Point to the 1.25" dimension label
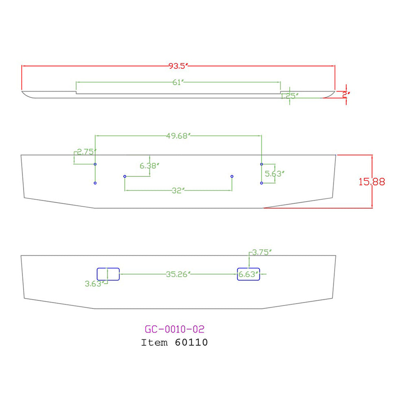point(290,96)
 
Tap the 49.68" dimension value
point(178,136)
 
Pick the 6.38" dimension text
point(149,166)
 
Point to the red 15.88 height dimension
point(372,182)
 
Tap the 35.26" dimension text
point(178,274)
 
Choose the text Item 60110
point(175,343)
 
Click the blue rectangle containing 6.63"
point(249,274)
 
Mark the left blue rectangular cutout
point(108,274)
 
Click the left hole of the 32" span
point(125,176)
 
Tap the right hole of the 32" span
point(232,176)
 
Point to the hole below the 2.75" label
point(95,164)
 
